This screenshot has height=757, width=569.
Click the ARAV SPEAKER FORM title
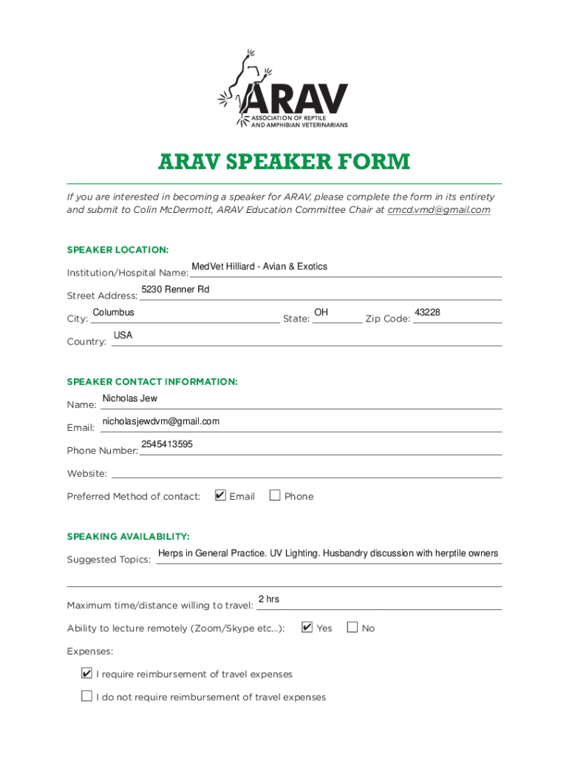pos(284,162)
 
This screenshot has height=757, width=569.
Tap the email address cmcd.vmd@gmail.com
pos(439,210)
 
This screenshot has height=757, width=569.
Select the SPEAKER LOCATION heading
pos(117,250)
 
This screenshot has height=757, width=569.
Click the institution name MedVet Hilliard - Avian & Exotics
pos(259,266)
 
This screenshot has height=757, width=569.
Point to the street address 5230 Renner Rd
pos(175,289)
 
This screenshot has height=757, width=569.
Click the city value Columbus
pos(113,313)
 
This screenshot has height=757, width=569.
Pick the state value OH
pos(321,313)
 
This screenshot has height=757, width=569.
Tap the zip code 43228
pos(427,313)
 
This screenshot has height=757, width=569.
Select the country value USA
pos(123,336)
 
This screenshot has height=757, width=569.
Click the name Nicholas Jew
pos(129,398)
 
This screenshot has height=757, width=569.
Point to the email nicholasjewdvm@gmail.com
pos(160,421)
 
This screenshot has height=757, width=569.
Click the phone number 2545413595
pos(167,444)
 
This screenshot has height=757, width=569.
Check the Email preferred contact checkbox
pos(220,495)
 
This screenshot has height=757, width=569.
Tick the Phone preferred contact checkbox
pos(275,495)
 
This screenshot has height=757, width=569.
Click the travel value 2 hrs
pos(268,599)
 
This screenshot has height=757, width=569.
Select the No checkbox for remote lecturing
pos(352,628)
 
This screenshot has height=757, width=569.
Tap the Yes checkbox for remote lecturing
pos(307,628)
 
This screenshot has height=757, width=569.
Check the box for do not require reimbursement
pos(87,696)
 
